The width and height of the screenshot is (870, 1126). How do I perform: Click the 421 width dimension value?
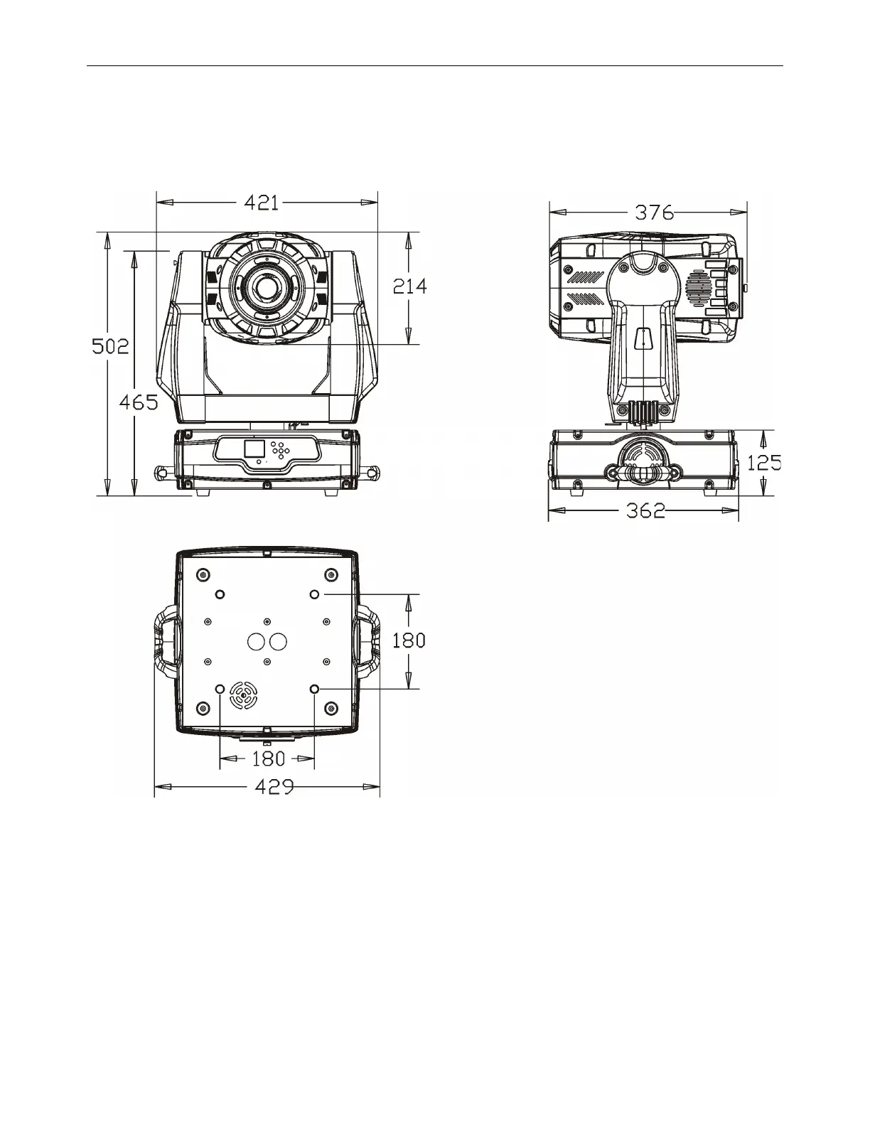(x=261, y=203)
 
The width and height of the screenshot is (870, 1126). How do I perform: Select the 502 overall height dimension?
(x=110, y=346)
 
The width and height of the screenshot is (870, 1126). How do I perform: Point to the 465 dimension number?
(x=139, y=402)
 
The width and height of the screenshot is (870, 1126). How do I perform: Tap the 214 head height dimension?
(x=409, y=286)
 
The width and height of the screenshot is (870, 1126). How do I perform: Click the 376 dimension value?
(x=655, y=213)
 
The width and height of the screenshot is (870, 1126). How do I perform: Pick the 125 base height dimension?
(x=764, y=463)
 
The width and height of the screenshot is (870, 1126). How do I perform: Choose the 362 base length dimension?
(x=645, y=511)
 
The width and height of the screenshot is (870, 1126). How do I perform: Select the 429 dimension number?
(x=274, y=787)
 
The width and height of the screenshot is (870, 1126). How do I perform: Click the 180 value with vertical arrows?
(x=409, y=641)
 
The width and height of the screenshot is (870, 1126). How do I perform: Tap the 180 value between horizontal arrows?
(x=269, y=759)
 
